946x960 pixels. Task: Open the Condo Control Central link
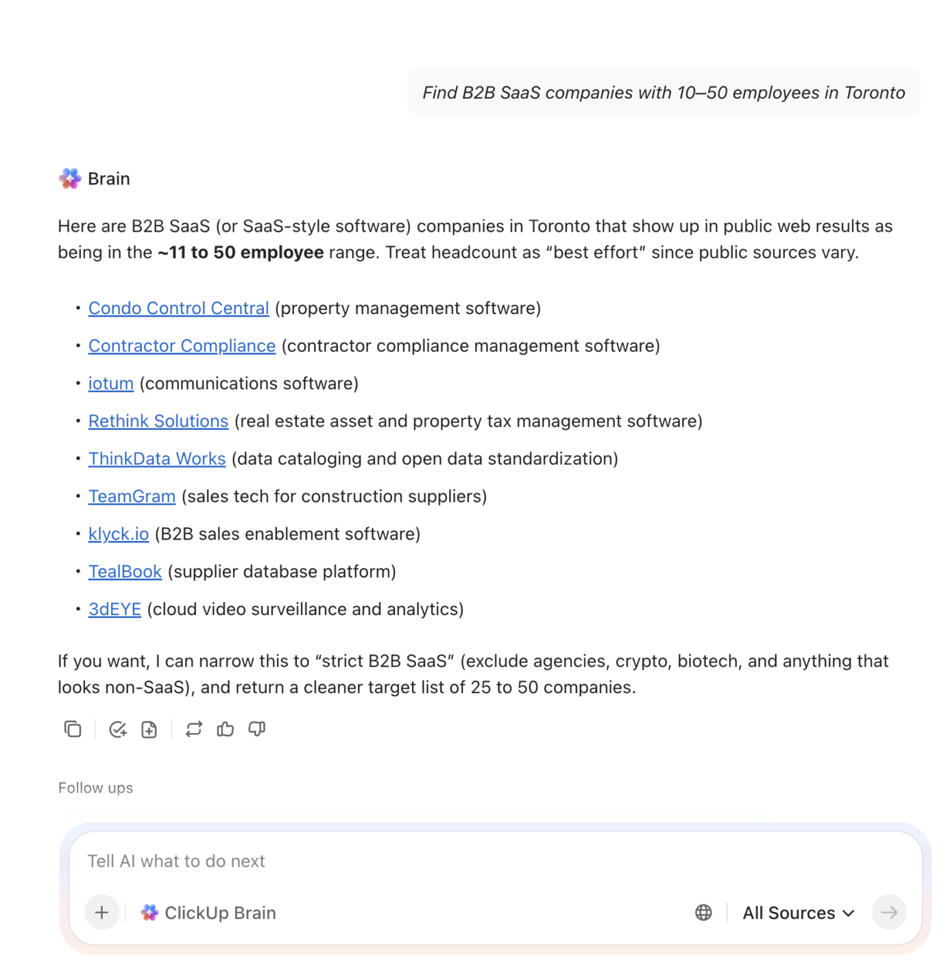(x=178, y=309)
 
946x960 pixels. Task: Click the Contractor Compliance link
(x=182, y=346)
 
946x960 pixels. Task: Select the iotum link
(x=110, y=384)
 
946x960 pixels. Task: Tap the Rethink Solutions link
(x=158, y=422)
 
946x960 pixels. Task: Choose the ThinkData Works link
(x=156, y=459)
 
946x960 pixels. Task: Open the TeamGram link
(x=132, y=496)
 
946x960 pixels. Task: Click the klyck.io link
(x=118, y=534)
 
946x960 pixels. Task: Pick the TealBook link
(x=125, y=572)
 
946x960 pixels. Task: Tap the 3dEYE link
(x=114, y=610)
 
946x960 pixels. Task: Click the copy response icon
(x=73, y=730)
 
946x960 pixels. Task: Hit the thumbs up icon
(x=226, y=730)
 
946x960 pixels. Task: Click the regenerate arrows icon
(x=194, y=730)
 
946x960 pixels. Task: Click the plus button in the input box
(x=102, y=913)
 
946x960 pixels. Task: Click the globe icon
(x=703, y=913)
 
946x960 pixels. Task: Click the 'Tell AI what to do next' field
(x=411, y=861)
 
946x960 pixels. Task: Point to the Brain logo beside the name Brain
(x=70, y=179)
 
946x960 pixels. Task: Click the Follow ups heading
(x=95, y=788)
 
